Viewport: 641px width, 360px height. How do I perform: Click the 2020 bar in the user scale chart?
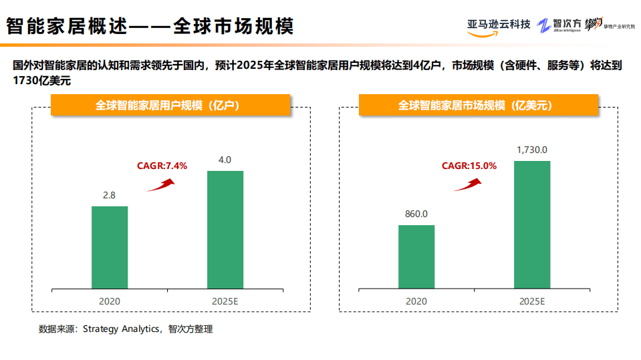(x=110, y=247)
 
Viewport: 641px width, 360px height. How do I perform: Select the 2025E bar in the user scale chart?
(x=225, y=230)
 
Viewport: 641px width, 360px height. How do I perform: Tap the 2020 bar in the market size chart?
(x=416, y=256)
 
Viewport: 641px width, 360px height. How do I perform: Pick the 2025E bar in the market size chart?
(x=532, y=224)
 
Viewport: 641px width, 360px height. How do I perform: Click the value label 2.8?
(x=109, y=196)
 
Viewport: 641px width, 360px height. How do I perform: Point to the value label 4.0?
(x=225, y=160)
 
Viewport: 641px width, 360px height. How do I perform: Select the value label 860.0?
(x=416, y=214)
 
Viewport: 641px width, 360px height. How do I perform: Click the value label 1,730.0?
(x=532, y=150)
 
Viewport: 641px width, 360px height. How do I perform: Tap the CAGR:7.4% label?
(x=162, y=166)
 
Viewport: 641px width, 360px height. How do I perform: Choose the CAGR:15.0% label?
(x=469, y=166)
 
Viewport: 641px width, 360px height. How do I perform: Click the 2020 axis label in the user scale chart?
(x=110, y=301)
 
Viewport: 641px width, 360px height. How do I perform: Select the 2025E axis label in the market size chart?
(x=532, y=301)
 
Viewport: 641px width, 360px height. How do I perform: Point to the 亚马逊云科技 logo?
(x=499, y=25)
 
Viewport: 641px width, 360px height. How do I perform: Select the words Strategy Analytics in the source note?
(x=121, y=329)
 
